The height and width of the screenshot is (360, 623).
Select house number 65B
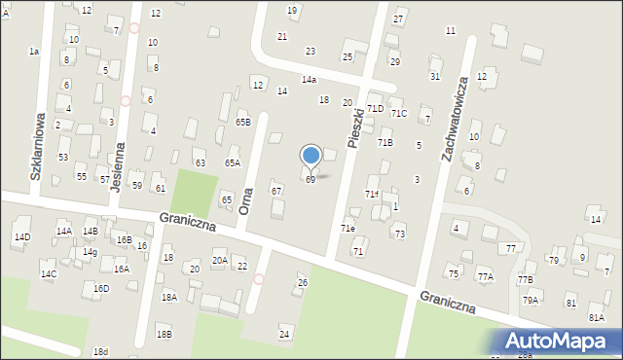[243, 122]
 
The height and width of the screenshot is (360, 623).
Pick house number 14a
[309, 79]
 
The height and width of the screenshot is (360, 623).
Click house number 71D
[375, 109]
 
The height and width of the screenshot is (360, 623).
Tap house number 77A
[485, 276]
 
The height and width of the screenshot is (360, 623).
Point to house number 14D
[21, 236]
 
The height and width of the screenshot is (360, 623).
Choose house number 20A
[220, 260]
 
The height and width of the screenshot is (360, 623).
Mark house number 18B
[165, 334]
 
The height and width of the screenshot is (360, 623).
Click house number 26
[302, 282]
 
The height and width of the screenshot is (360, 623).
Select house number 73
[399, 234]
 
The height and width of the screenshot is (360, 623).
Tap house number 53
[63, 156]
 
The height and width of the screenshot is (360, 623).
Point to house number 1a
[34, 51]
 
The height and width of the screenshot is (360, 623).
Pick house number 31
[435, 76]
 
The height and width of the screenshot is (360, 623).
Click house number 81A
[597, 317]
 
